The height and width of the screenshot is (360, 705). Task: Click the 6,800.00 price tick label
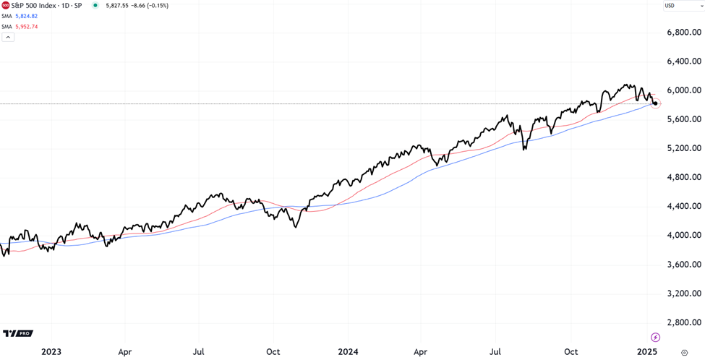click(x=683, y=33)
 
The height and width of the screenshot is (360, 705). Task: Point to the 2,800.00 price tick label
click(x=683, y=322)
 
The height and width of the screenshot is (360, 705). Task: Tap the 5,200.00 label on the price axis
click(x=683, y=148)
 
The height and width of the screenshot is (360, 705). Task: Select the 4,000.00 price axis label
click(x=683, y=235)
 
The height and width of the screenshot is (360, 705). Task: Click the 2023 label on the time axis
click(x=51, y=352)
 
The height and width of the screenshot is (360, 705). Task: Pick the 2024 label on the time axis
click(x=348, y=352)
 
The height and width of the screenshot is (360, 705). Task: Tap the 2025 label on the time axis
click(x=646, y=352)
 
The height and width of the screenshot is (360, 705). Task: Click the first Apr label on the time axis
click(x=124, y=352)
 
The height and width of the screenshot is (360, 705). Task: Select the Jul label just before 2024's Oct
click(x=496, y=352)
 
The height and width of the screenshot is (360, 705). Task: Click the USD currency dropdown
click(x=683, y=6)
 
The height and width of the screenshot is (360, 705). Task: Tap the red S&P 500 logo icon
click(x=6, y=6)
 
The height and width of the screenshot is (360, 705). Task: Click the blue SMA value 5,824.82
click(x=26, y=16)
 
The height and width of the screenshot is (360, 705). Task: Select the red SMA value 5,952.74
click(x=26, y=27)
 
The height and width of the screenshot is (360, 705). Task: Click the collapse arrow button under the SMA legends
click(x=8, y=37)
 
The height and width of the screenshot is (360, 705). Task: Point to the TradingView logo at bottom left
click(x=17, y=333)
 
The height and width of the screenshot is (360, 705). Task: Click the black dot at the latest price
click(x=655, y=104)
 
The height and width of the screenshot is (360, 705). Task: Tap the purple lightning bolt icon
click(x=655, y=337)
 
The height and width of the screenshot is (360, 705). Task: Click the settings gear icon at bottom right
click(x=684, y=353)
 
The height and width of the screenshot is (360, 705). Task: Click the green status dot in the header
click(x=95, y=6)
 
